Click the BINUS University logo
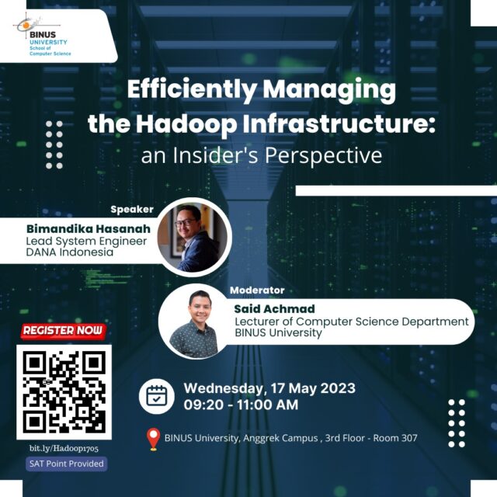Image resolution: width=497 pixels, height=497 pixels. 42,35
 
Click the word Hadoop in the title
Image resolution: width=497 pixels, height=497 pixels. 186,124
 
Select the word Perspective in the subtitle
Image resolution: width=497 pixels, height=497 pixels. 323,155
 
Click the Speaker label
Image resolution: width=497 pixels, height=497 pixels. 132,210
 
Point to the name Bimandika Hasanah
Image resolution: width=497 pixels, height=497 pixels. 89,228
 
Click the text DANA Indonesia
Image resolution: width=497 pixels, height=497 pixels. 70,252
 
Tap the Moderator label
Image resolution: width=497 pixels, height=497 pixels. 257,290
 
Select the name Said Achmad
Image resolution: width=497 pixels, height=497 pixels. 274,309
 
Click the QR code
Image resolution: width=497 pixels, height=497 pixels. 64,392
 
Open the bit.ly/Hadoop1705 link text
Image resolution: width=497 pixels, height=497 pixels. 64,449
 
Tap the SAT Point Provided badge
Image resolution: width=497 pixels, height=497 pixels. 67,464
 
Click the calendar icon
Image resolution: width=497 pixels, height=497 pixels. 157,396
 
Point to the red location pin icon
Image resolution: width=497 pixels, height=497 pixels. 154,440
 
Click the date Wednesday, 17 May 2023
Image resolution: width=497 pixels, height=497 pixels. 269,388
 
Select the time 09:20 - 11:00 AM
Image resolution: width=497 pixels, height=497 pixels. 242,405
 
